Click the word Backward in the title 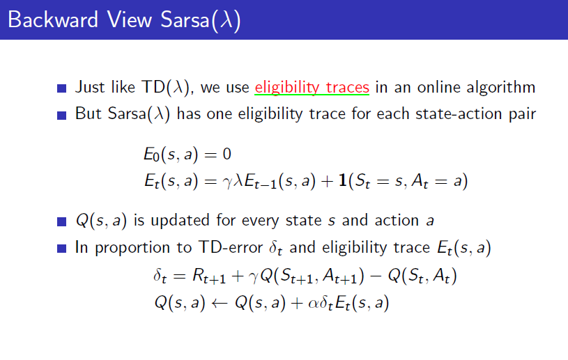tap(53, 19)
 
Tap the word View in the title tap(130, 19)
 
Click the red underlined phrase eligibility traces tap(312, 87)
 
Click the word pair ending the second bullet tap(523, 115)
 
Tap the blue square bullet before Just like tap(61, 88)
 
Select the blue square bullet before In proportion tap(61, 249)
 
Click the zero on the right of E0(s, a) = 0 tap(227, 154)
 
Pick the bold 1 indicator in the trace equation tap(342, 180)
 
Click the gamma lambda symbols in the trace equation tap(233, 181)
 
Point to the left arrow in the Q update tap(220, 303)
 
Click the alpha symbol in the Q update tap(313, 303)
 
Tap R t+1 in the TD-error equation tap(209, 276)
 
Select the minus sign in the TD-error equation tap(376, 276)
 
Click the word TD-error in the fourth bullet tap(231, 247)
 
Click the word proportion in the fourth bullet tap(132, 249)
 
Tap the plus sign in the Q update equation tap(297, 303)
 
